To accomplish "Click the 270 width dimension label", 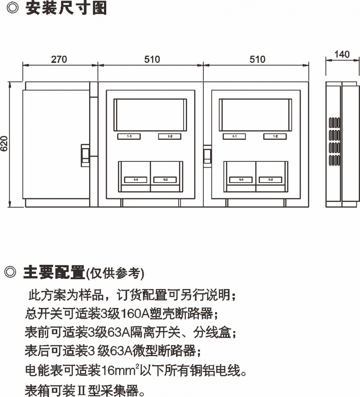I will (58, 59).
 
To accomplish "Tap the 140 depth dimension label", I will (342, 55).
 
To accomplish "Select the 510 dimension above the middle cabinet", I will (152, 59).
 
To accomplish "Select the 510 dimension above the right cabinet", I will (257, 59).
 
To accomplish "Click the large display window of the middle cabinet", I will (150, 115).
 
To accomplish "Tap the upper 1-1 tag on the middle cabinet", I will (129, 136).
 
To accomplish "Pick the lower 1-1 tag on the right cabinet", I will (241, 179).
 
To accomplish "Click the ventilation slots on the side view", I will (333, 141).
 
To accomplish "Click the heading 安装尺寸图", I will (66, 9).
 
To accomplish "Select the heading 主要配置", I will (54, 272).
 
